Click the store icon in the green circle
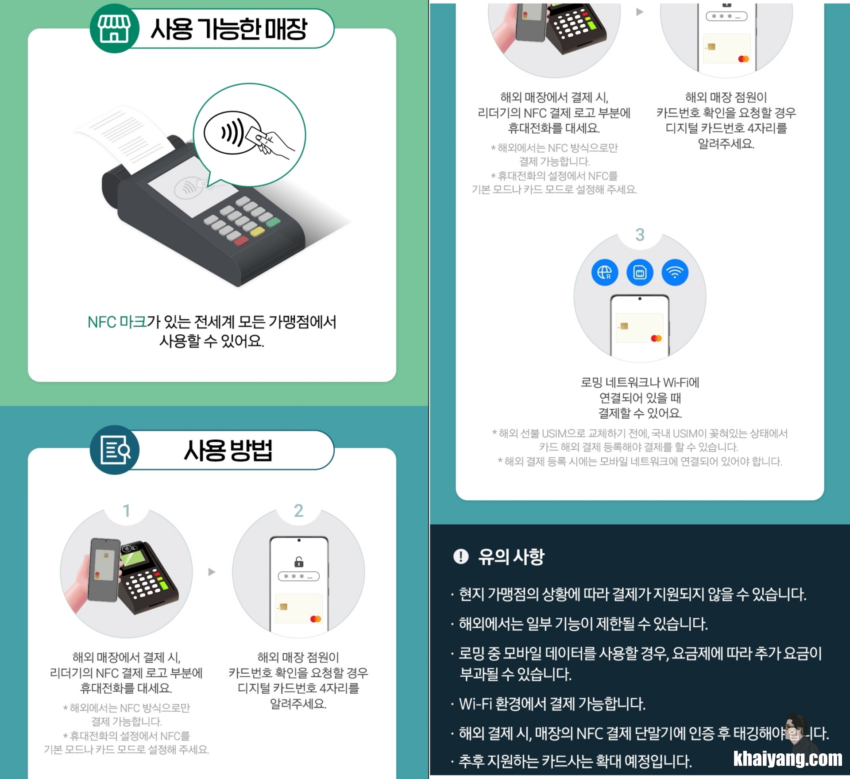click(114, 28)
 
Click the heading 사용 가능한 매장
click(228, 29)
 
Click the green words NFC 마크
click(117, 322)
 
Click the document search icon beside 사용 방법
click(115, 450)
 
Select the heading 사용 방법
click(228, 450)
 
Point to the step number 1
click(127, 511)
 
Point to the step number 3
click(640, 235)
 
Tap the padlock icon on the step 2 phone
click(299, 562)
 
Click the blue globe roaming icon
click(605, 272)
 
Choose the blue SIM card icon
click(640, 272)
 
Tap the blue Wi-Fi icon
click(675, 272)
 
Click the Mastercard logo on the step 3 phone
click(656, 338)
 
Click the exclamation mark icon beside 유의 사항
click(461, 556)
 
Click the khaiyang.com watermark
click(788, 759)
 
